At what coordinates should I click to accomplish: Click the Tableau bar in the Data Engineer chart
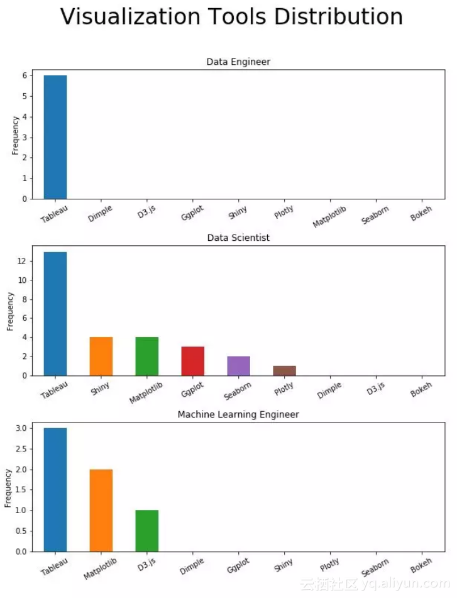(x=55, y=137)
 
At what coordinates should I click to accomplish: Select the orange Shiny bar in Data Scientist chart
(x=101, y=357)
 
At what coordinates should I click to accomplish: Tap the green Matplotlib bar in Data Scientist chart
(x=146, y=357)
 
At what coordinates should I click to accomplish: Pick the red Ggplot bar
(x=192, y=361)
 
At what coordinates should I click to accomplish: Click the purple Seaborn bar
(x=238, y=366)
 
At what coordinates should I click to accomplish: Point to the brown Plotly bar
(x=284, y=371)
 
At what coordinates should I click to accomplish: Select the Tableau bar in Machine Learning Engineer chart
(x=55, y=490)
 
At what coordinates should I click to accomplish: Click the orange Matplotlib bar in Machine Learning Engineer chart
(x=101, y=511)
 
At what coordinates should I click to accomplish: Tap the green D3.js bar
(x=146, y=531)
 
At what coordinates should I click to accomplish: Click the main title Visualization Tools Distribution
(x=231, y=17)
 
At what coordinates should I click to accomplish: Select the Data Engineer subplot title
(x=238, y=62)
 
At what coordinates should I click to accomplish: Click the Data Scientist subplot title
(x=238, y=238)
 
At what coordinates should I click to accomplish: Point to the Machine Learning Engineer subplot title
(x=238, y=415)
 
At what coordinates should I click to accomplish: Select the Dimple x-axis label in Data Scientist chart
(x=329, y=390)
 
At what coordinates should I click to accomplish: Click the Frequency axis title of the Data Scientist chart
(x=11, y=311)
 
